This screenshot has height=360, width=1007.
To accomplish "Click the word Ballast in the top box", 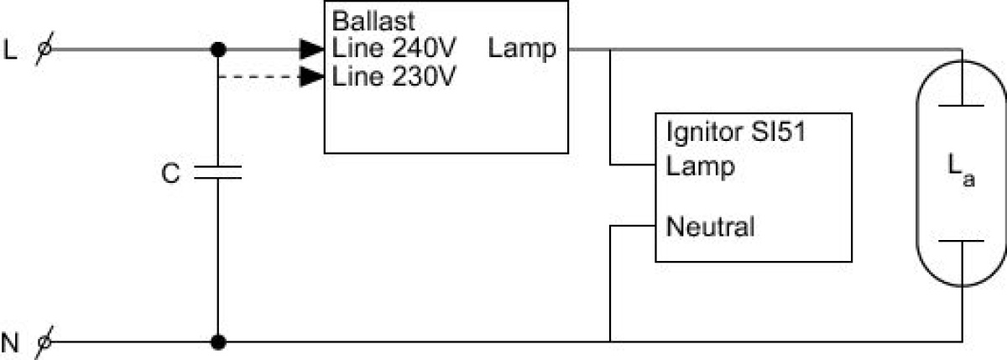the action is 373,21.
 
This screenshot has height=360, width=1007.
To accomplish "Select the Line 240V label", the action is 394,48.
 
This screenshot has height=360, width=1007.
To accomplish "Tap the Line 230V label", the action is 394,76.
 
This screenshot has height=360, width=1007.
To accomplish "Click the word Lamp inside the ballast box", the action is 522,50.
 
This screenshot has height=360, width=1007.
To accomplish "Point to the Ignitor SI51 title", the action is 736,132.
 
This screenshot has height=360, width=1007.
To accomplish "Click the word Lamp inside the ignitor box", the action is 701,167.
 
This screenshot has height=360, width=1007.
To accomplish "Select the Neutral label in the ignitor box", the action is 710,227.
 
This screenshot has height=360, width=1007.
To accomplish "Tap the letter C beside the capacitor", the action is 170,174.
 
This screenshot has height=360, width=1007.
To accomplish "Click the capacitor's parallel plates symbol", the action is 218,173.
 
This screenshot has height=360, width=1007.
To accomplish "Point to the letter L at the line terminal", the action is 10,50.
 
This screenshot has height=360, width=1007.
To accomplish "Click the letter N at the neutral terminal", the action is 10,343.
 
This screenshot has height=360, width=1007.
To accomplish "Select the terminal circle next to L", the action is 44,49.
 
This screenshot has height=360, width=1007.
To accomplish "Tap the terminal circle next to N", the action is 44,342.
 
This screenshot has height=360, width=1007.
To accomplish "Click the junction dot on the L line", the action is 218,50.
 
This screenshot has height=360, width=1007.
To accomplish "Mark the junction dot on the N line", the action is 218,342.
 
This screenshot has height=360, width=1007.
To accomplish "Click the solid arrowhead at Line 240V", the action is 312,50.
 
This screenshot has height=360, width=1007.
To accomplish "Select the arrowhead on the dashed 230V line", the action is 312,77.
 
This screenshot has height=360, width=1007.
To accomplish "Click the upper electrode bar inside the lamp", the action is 962,106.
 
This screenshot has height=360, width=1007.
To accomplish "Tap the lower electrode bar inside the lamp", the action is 962,241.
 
